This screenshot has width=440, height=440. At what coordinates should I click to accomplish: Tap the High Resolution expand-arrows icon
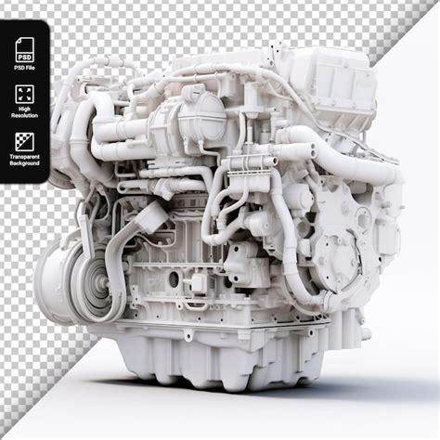[25, 94]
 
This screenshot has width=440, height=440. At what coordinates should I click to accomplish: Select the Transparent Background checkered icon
[25, 141]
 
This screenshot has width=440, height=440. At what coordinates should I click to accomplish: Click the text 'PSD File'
[25, 67]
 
